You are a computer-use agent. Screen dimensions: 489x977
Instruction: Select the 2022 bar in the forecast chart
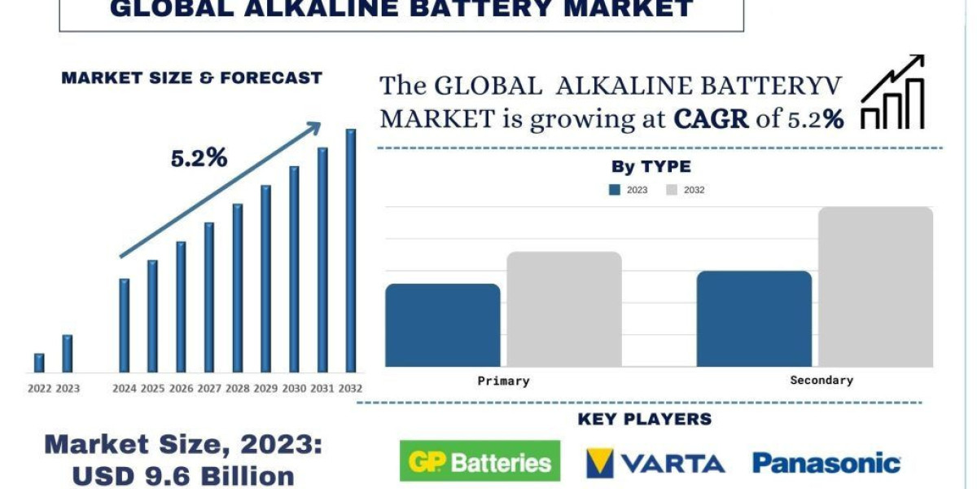tap(39, 363)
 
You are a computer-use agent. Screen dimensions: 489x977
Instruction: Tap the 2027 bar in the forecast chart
tap(209, 297)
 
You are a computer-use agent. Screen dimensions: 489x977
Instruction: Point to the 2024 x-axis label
tap(125, 388)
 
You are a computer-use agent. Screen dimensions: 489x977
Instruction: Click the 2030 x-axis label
tap(294, 388)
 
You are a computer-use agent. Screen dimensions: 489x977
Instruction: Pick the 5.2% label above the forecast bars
tap(199, 159)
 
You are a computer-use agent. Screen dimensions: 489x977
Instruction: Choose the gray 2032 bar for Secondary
tap(875, 286)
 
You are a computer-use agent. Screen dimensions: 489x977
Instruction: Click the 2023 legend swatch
tap(615, 190)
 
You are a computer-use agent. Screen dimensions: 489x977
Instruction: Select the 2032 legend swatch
tap(672, 190)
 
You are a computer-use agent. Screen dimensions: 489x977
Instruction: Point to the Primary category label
tap(503, 381)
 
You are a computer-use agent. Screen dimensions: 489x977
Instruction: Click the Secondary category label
tap(821, 380)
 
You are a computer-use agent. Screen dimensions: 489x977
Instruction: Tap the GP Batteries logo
tap(480, 461)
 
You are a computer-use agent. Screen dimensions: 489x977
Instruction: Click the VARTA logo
tap(655, 463)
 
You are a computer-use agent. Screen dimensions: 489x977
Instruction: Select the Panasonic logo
tap(826, 463)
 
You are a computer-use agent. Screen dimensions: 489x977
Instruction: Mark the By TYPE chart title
tap(651, 167)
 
